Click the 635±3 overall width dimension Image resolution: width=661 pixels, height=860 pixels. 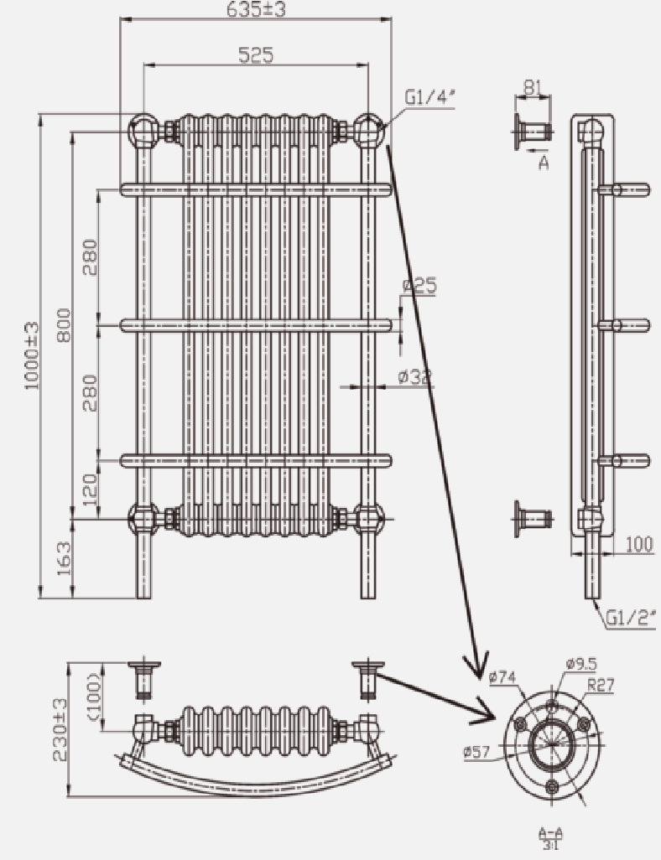click(256, 9)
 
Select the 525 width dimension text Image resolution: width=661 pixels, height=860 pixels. click(256, 55)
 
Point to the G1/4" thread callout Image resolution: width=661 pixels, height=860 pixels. click(429, 98)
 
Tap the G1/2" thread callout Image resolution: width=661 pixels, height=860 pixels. click(631, 619)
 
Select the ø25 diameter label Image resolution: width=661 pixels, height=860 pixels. click(419, 286)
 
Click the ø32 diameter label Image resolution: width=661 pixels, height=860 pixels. click(415, 377)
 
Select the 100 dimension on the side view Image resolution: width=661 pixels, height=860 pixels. click(638, 544)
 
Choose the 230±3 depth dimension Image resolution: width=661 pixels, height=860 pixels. click(60, 729)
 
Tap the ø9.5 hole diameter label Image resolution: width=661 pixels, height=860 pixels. click(581, 664)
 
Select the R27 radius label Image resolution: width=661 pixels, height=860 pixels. click(601, 685)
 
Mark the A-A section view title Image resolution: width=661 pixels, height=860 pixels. click(551, 837)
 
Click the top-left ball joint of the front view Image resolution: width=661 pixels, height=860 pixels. click(142, 130)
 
